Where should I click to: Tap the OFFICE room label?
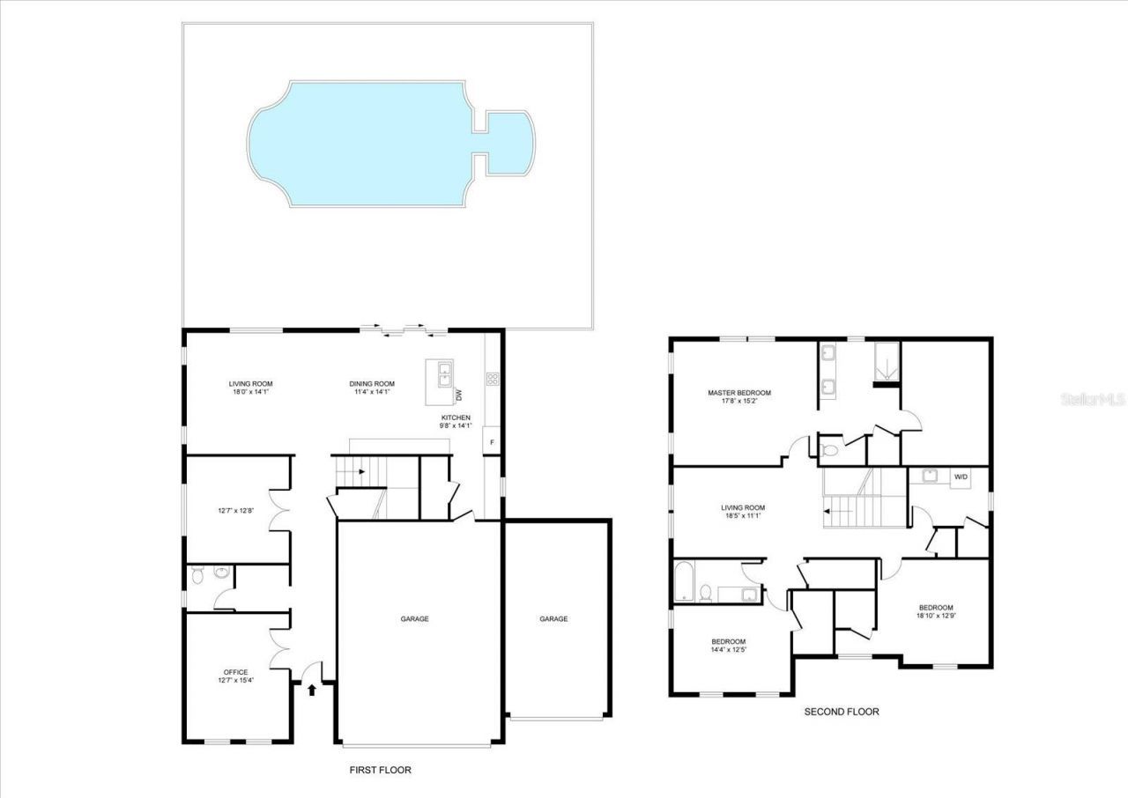pyautogui.click(x=235, y=672)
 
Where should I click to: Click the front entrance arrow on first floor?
pyautogui.click(x=312, y=689)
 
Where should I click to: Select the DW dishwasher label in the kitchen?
pyautogui.click(x=458, y=395)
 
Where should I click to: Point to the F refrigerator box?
pyautogui.click(x=492, y=440)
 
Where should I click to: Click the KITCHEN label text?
pyautogui.click(x=456, y=417)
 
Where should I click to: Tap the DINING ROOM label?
pyautogui.click(x=371, y=384)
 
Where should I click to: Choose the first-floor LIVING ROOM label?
pyautogui.click(x=250, y=384)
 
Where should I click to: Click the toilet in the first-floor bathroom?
pyautogui.click(x=198, y=576)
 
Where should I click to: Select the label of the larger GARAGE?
pyautogui.click(x=414, y=619)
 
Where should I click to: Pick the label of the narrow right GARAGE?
pyautogui.click(x=553, y=619)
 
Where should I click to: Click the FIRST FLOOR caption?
pyautogui.click(x=380, y=770)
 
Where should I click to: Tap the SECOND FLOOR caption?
pyautogui.click(x=841, y=712)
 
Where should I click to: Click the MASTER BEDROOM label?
pyautogui.click(x=739, y=393)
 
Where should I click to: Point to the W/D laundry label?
pyautogui.click(x=961, y=477)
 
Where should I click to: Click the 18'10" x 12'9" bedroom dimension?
pyautogui.click(x=936, y=617)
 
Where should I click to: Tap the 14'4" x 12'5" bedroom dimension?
pyautogui.click(x=729, y=650)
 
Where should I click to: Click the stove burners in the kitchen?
pyautogui.click(x=493, y=380)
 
